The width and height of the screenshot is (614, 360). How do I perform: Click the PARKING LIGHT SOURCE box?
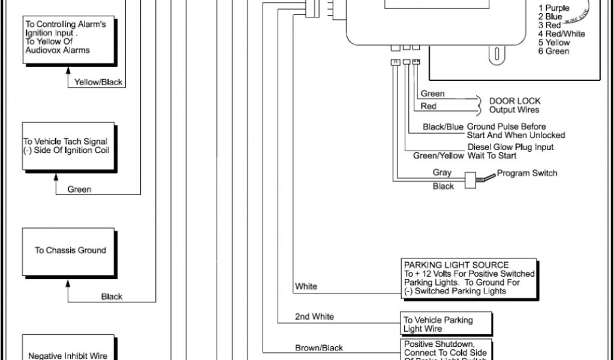(x=469, y=278)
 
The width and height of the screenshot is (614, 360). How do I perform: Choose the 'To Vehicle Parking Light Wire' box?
(x=447, y=325)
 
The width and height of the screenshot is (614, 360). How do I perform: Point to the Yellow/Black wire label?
(x=98, y=83)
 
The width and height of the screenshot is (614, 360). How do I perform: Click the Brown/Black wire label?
(x=319, y=348)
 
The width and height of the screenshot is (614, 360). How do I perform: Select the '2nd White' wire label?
(x=314, y=316)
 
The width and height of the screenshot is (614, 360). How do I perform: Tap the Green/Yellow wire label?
(x=439, y=156)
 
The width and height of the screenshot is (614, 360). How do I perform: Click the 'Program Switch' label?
(x=528, y=173)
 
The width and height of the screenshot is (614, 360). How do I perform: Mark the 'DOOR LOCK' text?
(x=514, y=101)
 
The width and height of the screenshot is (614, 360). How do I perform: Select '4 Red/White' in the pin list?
(x=561, y=34)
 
